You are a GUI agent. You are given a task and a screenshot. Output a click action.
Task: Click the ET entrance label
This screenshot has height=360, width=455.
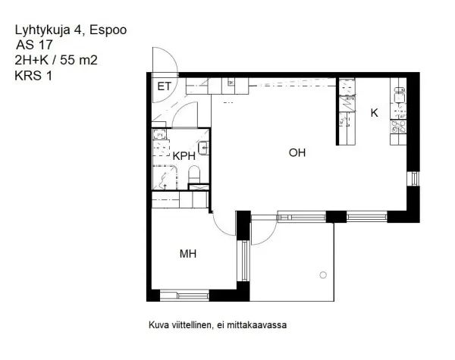click(x=164, y=86)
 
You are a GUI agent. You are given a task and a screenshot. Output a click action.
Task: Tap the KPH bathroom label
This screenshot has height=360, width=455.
click(x=184, y=155)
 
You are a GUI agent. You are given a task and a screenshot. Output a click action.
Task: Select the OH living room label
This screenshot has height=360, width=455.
click(x=297, y=152)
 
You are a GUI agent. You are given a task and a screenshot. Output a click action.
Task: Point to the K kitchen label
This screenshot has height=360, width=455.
click(x=374, y=113)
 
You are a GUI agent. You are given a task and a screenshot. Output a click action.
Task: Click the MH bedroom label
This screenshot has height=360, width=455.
click(x=187, y=254)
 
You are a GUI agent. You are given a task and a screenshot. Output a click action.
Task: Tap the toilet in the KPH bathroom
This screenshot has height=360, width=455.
click(x=194, y=177)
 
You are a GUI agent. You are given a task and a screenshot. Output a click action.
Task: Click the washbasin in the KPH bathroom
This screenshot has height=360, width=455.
click(x=202, y=147)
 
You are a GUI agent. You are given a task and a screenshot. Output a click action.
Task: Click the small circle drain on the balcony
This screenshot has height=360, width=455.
click(x=324, y=274)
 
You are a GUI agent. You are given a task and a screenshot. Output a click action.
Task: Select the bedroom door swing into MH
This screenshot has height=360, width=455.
click(x=221, y=225)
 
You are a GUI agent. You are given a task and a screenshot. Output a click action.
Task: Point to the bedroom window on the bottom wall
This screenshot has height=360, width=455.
click(x=184, y=296)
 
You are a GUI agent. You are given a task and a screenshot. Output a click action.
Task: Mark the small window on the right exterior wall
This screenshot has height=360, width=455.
click(x=413, y=178)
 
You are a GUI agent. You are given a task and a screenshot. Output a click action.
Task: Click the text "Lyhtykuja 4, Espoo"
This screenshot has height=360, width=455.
click(x=70, y=30)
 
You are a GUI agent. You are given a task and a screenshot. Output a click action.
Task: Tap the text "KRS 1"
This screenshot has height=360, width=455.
click(x=33, y=75)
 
